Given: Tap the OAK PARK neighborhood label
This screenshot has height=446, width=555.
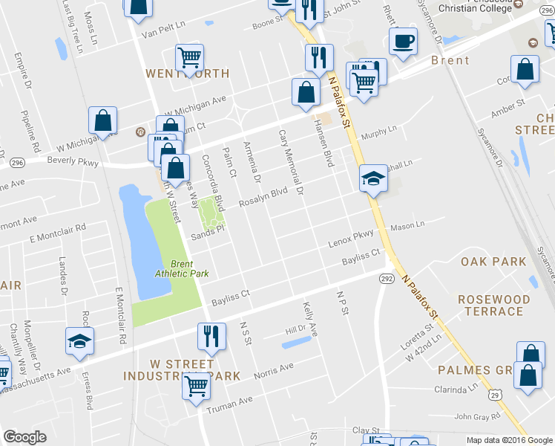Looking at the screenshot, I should pos(493,262).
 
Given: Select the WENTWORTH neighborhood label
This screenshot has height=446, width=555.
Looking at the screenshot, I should pos(187,74).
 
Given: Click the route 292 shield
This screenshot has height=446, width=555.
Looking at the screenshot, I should pos(387,278).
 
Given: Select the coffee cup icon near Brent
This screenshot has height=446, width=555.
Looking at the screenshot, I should pos(403,42).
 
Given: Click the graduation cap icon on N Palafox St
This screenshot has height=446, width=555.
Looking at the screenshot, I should pos(373,178).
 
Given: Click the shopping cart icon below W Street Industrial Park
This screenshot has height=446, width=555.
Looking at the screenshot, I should pos(196,384).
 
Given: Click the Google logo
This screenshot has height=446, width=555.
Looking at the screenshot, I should pos(25,437).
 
